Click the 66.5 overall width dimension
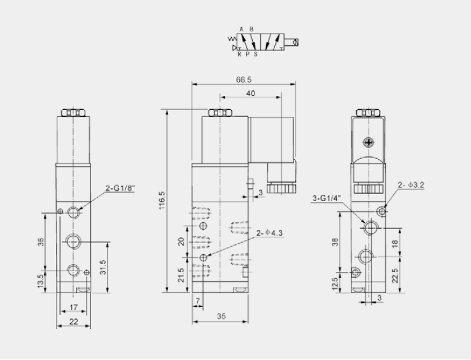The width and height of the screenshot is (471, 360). tap(244, 80)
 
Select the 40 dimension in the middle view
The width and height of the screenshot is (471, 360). tap(251, 92)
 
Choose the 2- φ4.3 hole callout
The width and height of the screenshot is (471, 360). tap(269, 233)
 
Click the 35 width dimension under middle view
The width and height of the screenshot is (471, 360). tap(221, 315)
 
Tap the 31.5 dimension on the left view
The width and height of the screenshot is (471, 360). tap(102, 263)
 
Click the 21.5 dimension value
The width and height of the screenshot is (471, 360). tap(181, 275)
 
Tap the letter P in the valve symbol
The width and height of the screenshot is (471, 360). tap(248, 55)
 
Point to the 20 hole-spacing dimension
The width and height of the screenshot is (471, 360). tap(181, 242)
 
